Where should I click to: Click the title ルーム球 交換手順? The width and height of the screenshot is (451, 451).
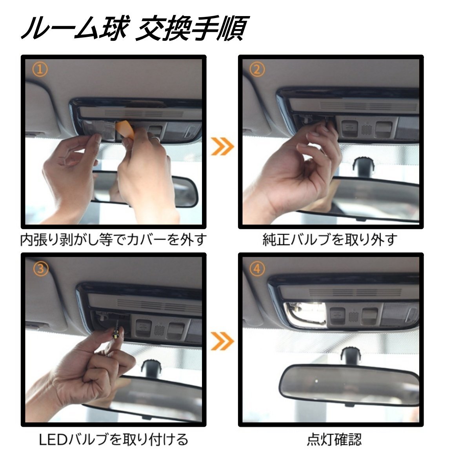135,28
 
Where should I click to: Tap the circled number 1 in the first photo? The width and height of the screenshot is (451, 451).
40,69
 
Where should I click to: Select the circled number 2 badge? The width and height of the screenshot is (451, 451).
257,69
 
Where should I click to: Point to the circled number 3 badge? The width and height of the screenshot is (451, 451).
40,269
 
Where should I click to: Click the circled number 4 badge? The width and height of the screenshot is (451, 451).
257,269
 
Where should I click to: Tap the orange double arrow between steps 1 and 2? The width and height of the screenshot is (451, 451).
222,146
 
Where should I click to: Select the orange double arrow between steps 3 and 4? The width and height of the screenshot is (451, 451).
222,341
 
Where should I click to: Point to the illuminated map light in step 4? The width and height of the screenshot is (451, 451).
305,313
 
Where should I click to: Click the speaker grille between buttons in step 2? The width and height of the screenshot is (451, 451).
366,129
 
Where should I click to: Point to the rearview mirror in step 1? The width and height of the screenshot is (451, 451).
145,188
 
